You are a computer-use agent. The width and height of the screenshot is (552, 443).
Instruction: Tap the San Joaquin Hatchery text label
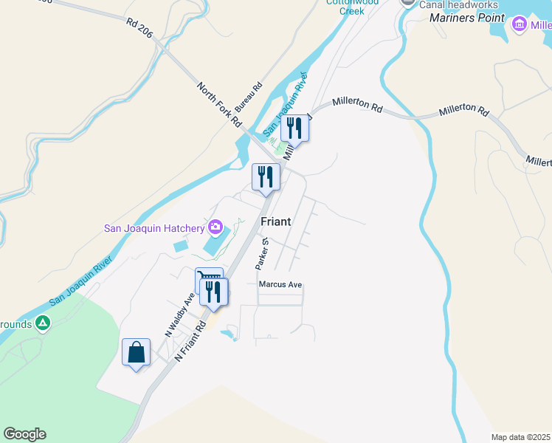point(153,227)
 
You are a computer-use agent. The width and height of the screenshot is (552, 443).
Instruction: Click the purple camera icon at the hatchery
point(215,226)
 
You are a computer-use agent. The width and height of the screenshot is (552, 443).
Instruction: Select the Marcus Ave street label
point(280,284)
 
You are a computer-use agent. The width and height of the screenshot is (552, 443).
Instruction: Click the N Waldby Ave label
point(179,315)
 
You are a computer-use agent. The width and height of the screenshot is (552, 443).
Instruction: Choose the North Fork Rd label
point(220,103)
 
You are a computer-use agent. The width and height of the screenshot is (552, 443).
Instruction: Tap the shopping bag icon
point(137,352)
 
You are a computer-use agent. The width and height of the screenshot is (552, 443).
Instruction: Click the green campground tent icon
point(44,323)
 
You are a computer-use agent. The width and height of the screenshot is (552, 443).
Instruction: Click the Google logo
point(24,434)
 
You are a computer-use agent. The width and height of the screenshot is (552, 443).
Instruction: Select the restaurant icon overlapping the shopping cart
point(214,291)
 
